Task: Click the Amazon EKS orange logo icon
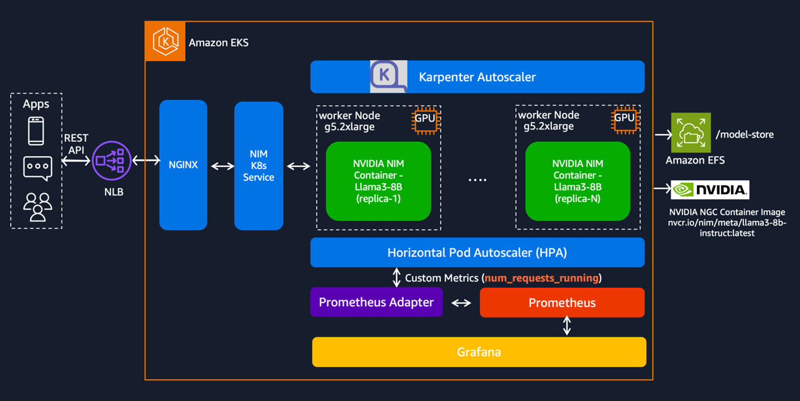[165, 41]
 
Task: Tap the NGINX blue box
[183, 165]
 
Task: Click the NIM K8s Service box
[258, 166]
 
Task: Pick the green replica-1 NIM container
[378, 181]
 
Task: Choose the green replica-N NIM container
[577, 181]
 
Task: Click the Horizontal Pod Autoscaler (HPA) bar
[477, 253]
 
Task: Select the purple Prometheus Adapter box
[376, 302]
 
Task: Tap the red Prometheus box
[562, 303]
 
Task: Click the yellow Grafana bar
[479, 352]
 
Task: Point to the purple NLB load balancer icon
[111, 161]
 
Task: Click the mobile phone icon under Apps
[36, 131]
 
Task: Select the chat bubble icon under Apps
[37, 167]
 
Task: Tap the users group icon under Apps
[37, 207]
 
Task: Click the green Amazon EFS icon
[691, 133]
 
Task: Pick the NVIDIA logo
[710, 190]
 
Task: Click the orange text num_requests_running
[542, 278]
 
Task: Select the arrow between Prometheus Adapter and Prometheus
[461, 303]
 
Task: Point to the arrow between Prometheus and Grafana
[567, 326]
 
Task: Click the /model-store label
[745, 134]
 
